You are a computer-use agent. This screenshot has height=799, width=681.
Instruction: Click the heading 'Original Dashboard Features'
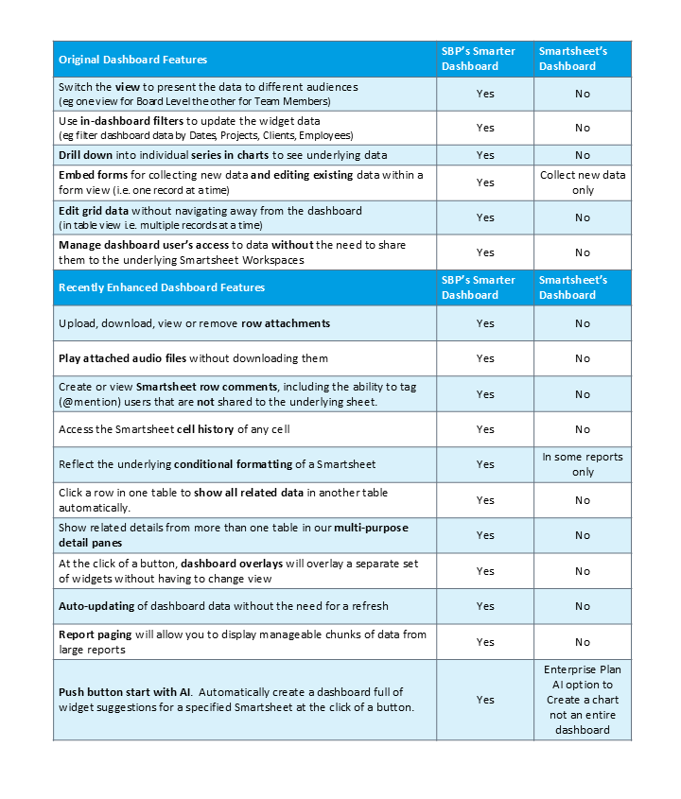132,60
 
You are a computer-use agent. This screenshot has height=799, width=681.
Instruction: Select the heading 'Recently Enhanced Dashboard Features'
162,287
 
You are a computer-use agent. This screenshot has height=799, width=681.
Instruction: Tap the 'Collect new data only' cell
583,182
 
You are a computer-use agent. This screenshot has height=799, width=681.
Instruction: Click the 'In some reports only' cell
583,464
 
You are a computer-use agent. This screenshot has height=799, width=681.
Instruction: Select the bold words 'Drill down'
85,155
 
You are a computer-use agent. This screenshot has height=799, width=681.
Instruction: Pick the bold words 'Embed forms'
90,175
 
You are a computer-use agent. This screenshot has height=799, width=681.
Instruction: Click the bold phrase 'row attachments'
286,323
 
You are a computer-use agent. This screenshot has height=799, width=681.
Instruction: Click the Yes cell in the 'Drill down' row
485,155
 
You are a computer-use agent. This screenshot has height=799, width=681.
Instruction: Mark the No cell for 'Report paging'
583,642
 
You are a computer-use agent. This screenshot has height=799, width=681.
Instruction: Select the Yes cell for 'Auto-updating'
485,606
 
